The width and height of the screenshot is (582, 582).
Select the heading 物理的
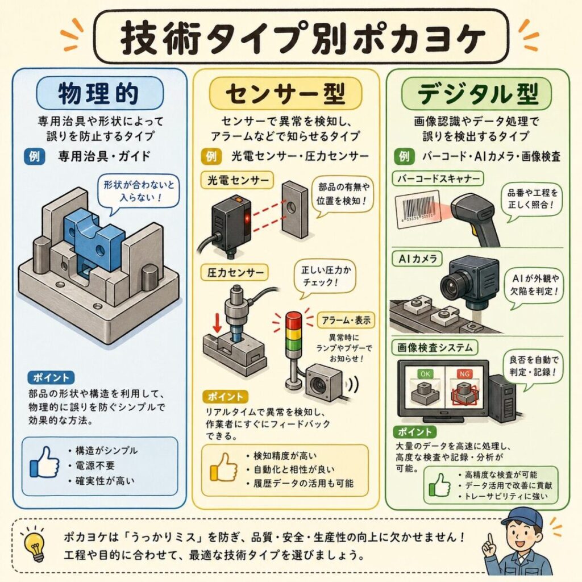click(x=99, y=93)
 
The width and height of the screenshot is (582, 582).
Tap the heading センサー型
click(x=285, y=94)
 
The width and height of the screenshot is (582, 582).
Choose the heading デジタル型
click(x=477, y=94)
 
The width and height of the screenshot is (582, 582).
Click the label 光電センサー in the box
click(x=238, y=181)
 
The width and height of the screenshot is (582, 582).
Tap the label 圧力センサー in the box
click(x=235, y=273)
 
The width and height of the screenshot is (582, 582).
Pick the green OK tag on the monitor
click(x=425, y=374)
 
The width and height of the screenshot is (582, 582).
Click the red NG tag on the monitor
click(x=464, y=374)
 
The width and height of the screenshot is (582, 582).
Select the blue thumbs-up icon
click(x=45, y=463)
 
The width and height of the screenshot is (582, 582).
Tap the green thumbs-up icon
click(x=440, y=485)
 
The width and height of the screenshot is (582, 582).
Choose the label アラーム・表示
click(x=346, y=320)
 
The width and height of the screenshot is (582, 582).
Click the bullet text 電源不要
click(x=95, y=466)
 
